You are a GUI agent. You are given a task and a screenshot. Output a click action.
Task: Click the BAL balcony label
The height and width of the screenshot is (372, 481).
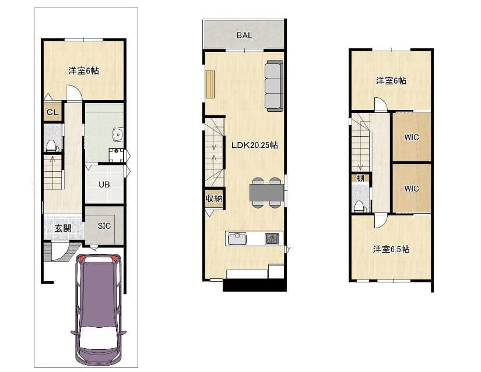pos(244,36)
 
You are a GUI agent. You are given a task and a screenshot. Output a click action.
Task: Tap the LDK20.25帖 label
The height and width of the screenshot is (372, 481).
pos(255,145)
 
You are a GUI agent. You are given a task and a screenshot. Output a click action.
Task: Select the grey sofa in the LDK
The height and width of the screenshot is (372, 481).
pos(273,86)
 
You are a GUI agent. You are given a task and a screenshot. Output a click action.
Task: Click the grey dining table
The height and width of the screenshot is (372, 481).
pos(266,193)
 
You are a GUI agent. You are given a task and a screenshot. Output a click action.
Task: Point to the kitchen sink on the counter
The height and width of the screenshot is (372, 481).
pos(236,239)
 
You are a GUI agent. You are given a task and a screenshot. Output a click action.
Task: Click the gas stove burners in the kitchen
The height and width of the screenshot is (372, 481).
pos(272,239)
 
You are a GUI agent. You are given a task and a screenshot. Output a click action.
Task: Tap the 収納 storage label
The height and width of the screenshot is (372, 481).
pos(214,199)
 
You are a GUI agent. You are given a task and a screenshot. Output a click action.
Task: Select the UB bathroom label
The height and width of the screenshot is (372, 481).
pos(104,185)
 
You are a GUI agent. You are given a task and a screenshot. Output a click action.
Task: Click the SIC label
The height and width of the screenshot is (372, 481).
pos(104,226)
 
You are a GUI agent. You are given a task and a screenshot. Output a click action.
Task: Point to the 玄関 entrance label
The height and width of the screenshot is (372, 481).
pos(63,228)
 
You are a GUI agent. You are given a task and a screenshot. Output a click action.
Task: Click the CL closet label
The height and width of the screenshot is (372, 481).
pos(52,112)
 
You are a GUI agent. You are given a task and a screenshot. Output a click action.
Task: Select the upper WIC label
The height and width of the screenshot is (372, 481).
pos(412,137)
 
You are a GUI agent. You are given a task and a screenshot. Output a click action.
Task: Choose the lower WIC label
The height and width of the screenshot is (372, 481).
pos(412,189)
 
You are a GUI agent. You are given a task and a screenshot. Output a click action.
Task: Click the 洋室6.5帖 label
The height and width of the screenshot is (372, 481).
pos(391,249)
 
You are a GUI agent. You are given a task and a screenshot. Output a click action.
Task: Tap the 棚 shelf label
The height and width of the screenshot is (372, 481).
pos(360,178)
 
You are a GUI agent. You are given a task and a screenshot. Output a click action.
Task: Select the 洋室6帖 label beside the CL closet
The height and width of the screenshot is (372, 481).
pos(83,71)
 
